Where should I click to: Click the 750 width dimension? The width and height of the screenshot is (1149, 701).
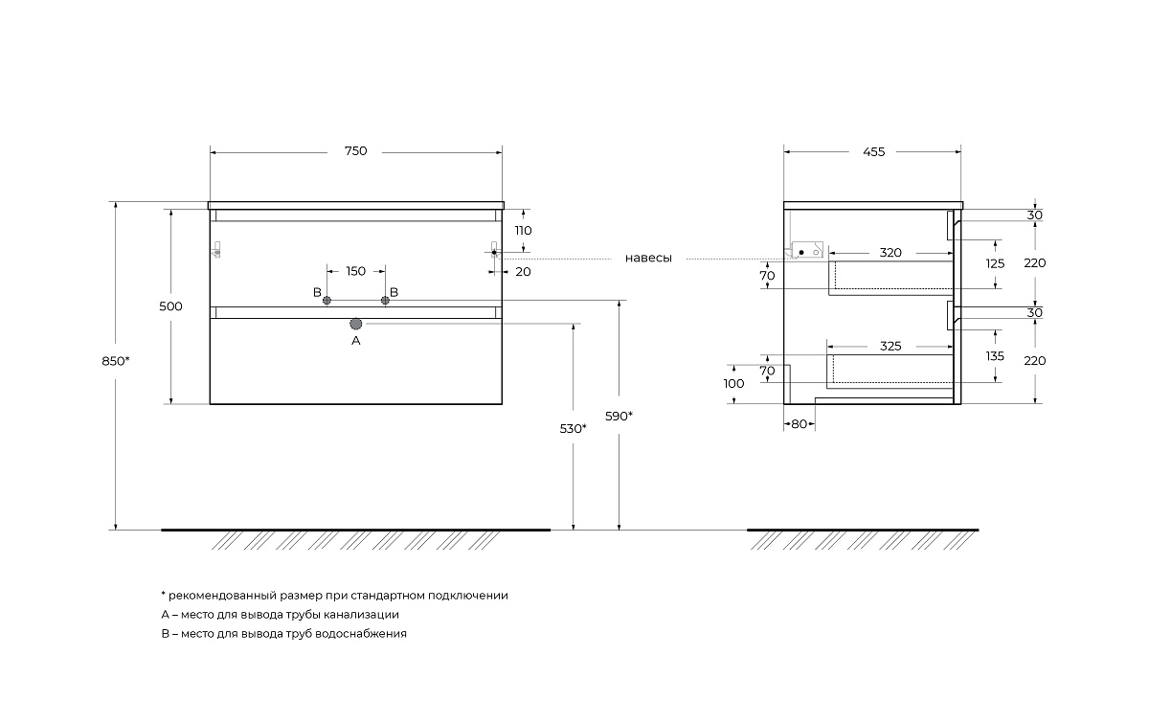coord(355,151)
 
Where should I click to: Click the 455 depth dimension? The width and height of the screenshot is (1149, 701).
coord(872,151)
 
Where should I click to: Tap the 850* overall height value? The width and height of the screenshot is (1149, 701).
coord(114,361)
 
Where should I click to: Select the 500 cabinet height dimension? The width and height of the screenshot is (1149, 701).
coord(170,306)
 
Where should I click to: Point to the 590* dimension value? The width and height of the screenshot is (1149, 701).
coord(619,416)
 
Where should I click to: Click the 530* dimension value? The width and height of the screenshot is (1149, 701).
coord(573,428)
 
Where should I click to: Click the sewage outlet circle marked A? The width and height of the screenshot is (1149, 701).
coord(356,325)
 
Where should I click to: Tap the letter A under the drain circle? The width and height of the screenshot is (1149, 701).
coord(356,340)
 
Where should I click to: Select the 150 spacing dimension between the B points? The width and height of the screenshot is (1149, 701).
coord(355,272)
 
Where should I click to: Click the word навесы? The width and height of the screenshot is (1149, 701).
coord(648,259)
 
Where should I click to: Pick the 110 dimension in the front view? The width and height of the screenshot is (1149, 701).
coord(523,231)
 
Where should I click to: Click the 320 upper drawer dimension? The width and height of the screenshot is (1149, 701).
coord(890,253)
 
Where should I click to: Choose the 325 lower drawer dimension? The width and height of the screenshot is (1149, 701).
coord(890,347)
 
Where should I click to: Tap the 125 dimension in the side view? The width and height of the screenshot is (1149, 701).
coord(995,263)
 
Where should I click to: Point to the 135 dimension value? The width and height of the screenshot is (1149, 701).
coord(995,356)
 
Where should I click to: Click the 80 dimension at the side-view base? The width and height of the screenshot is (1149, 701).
coord(799,424)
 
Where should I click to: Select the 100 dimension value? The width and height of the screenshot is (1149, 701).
coord(734,384)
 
